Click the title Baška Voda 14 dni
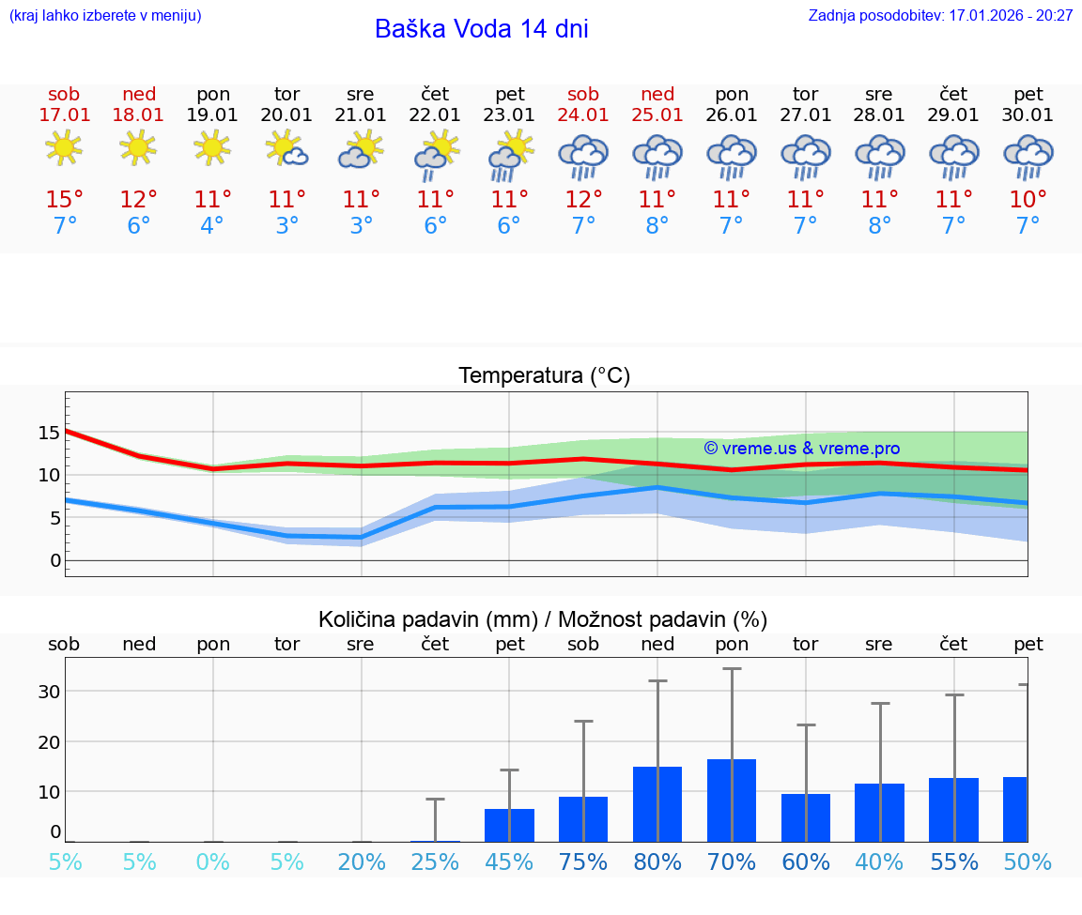tap(481, 29)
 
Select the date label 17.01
tap(64, 115)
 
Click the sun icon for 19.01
tap(212, 147)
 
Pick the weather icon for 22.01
tap(435, 154)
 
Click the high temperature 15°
tap(64, 199)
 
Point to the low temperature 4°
tap(212, 226)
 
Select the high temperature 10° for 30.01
tap(1028, 199)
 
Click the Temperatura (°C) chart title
tap(544, 376)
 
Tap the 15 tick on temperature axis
tap(49, 433)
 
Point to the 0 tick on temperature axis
tap(54, 561)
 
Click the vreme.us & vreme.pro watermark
tap(801, 449)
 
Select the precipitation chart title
tap(543, 619)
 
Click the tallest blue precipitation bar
tap(732, 800)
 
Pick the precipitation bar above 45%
tap(509, 825)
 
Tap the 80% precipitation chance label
tap(657, 862)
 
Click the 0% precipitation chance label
tap(212, 862)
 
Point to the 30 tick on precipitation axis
tap(49, 692)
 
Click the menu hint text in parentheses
tap(105, 16)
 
